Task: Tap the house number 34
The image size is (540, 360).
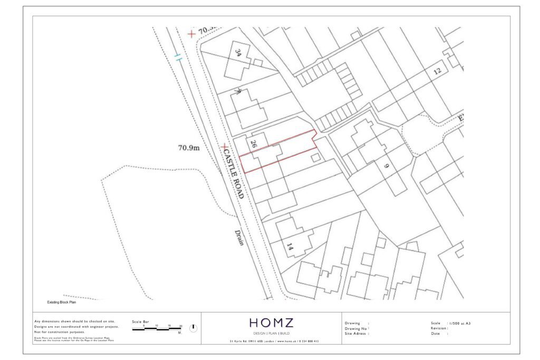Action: [x=238, y=53]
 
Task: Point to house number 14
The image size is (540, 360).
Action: [x=290, y=246]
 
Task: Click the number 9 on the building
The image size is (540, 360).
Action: [x=386, y=167]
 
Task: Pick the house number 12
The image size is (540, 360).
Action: [x=437, y=71]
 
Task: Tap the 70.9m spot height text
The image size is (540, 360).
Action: [x=189, y=148]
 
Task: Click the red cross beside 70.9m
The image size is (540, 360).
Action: [x=225, y=147]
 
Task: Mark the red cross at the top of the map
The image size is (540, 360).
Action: [x=191, y=34]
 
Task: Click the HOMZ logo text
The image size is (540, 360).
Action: [x=271, y=323]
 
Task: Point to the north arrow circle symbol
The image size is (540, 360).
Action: [x=193, y=328]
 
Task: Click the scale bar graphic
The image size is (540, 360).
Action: [x=157, y=329]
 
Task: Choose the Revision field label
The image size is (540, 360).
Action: [x=439, y=328]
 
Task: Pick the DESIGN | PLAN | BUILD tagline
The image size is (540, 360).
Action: [x=271, y=334]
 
